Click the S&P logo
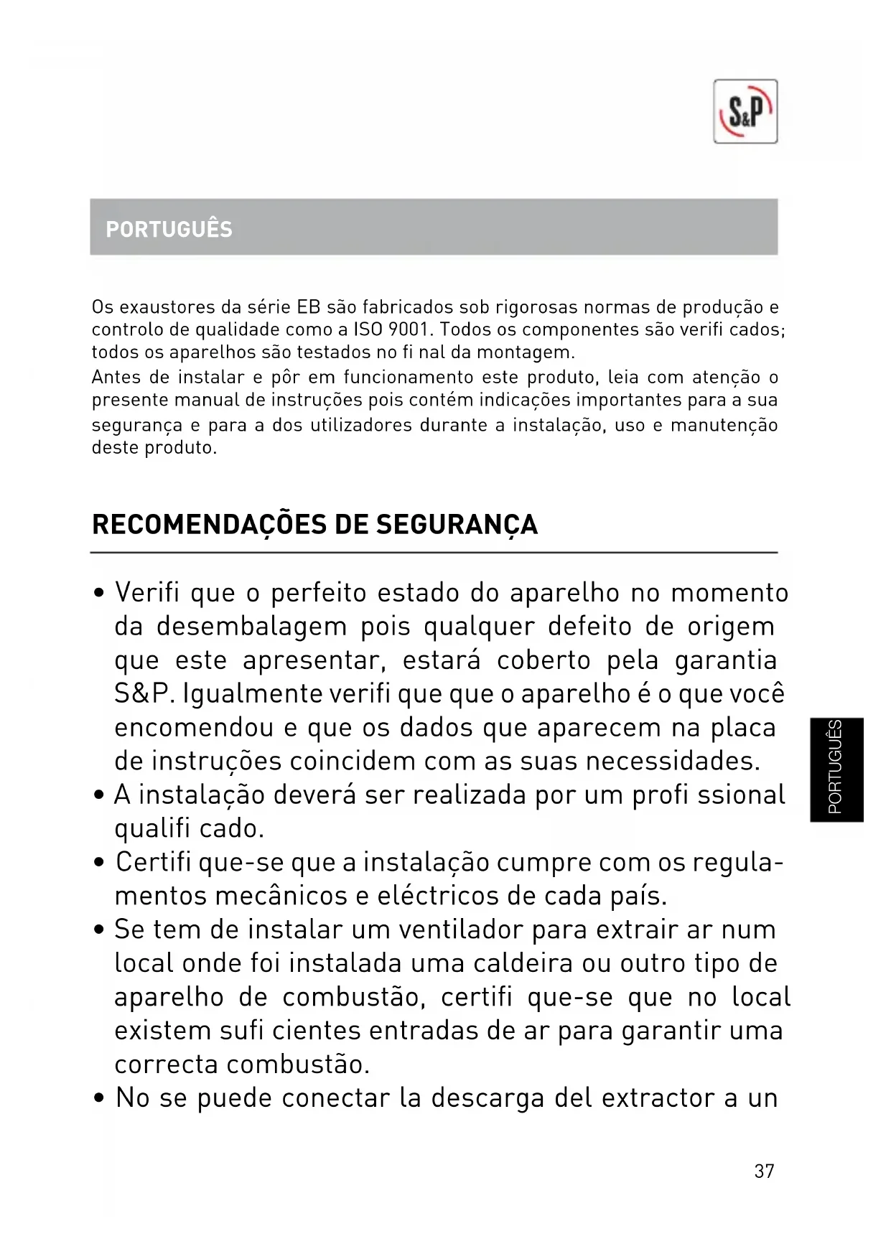click(745, 112)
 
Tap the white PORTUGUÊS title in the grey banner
click(169, 230)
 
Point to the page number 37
click(764, 1171)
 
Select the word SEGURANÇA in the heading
click(457, 525)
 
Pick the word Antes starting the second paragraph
click(116, 378)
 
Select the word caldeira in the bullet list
click(523, 963)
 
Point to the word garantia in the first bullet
click(725, 661)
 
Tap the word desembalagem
click(251, 627)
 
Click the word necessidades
click(672, 762)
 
